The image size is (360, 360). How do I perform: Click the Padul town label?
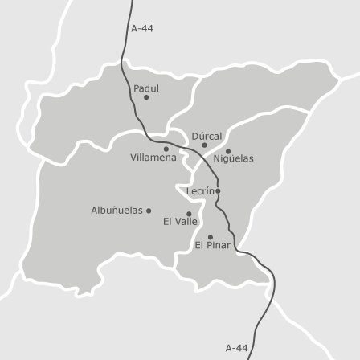tap(146, 88)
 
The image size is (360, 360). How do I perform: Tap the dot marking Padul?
tap(146, 97)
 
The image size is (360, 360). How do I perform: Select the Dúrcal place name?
tap(207, 137)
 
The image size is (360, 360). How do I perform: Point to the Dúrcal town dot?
tap(204, 145)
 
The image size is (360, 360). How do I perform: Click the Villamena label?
tap(153, 157)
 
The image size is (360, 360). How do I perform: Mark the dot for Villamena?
tap(166, 149)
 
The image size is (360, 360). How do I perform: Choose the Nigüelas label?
tap(233, 158)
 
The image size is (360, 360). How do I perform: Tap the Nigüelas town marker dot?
tap(227, 151)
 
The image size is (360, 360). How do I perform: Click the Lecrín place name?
tap(200, 191)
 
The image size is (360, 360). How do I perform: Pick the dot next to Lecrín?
tap(218, 191)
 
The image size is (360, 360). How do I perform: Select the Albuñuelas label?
tap(117, 210)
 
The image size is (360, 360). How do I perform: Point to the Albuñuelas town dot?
tap(149, 211)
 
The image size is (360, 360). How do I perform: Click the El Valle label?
tap(180, 221)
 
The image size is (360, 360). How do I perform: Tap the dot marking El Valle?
tap(189, 214)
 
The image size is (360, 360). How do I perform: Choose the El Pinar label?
tap(212, 245)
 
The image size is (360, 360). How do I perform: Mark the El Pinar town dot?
tap(211, 237)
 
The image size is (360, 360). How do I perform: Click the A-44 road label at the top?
tap(142, 28)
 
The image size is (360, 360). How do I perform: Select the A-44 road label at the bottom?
tap(236, 348)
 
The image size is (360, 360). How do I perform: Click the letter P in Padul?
tap(137, 88)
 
